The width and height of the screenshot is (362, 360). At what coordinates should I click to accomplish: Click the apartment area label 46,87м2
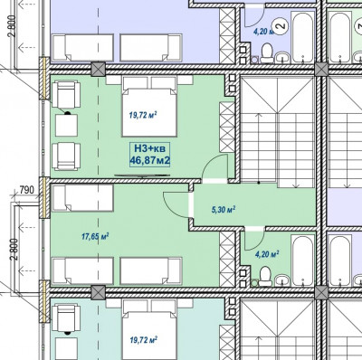[x=149, y=161]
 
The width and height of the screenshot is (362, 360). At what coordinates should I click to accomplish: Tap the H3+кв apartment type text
[x=149, y=148]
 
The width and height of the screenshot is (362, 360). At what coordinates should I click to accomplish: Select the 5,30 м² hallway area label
[x=224, y=210]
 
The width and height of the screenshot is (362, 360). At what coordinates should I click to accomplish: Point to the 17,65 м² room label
[x=95, y=236]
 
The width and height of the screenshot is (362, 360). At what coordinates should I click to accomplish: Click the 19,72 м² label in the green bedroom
[x=143, y=115]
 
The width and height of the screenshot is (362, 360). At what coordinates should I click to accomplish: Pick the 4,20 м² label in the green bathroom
[x=267, y=255]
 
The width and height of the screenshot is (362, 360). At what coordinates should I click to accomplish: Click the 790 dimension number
[x=26, y=190]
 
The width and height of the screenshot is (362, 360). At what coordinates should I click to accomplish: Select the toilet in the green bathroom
[x=265, y=275]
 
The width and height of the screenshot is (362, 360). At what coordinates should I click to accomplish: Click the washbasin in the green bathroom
[x=282, y=279]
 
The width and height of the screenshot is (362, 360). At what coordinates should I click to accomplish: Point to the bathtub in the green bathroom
[x=302, y=260]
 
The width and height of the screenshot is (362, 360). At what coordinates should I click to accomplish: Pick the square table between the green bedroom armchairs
[x=66, y=125]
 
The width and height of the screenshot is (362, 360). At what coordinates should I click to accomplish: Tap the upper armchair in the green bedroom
[x=66, y=94]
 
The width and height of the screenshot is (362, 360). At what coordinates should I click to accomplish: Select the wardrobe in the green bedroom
[x=227, y=128]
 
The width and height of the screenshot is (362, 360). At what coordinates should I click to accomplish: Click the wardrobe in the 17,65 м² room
[x=227, y=260]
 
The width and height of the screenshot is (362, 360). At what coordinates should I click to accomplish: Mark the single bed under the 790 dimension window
[x=82, y=198]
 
